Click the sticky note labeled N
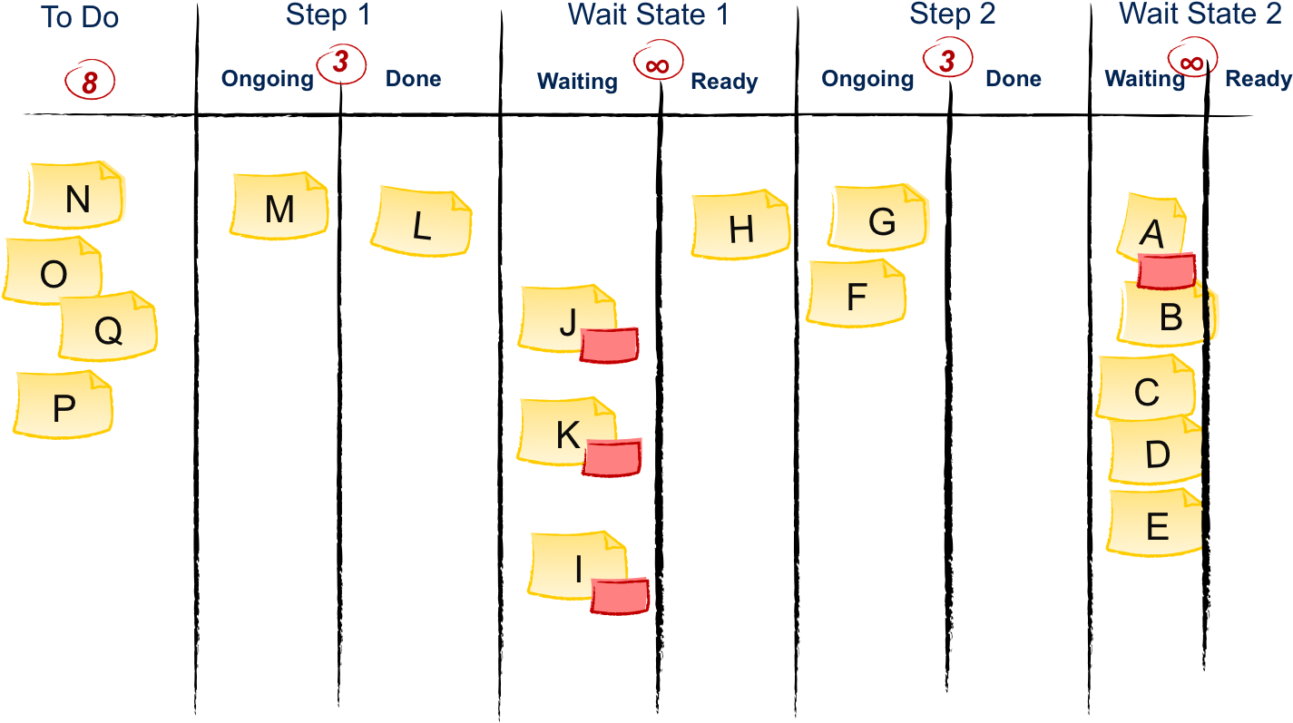click(x=75, y=195)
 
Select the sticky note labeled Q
click(x=108, y=329)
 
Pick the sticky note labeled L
click(x=421, y=222)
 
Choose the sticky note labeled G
click(x=880, y=219)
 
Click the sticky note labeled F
click(x=856, y=294)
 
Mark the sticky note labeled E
click(x=1155, y=523)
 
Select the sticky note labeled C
click(x=1145, y=389)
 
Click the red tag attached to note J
click(x=609, y=346)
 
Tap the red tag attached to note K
click(x=612, y=456)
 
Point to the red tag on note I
click(x=620, y=595)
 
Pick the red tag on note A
click(x=1167, y=270)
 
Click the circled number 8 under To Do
click(x=90, y=83)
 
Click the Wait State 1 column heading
click(x=648, y=15)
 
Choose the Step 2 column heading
click(x=952, y=15)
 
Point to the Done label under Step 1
click(x=413, y=79)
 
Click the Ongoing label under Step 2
click(x=867, y=80)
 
